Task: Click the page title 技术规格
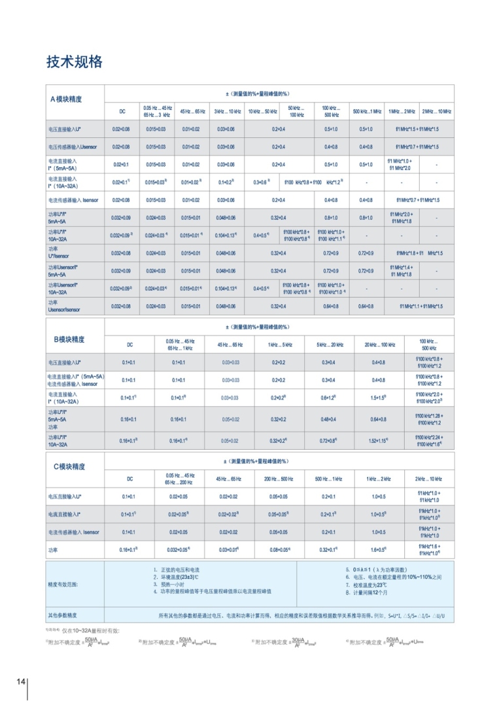[x=75, y=62]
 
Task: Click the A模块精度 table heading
[x=67, y=99]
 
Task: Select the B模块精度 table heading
[x=69, y=339]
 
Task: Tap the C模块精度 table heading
[x=69, y=466]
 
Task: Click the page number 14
[x=21, y=682]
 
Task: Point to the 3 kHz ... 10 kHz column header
[x=228, y=112]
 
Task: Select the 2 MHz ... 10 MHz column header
[x=436, y=112]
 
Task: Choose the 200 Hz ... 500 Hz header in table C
[x=279, y=479]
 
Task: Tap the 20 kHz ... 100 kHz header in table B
[x=379, y=344]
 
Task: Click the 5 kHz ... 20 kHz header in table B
[x=330, y=344]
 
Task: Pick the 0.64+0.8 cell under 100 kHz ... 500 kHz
[x=331, y=306]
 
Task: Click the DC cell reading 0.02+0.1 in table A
[x=122, y=165]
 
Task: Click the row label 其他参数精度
[x=62, y=615]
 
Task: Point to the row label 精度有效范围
[x=62, y=584]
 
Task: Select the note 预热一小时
[x=171, y=585]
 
